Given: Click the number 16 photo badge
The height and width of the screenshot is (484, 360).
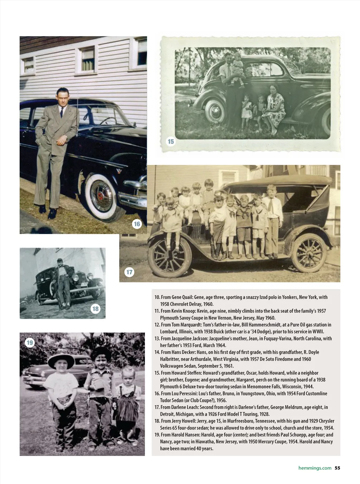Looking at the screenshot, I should pyautogui.click(x=137, y=224).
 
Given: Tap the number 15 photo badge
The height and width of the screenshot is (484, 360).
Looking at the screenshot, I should pyautogui.click(x=171, y=141).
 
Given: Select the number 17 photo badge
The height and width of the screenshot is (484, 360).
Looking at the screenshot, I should pyautogui.click(x=129, y=272).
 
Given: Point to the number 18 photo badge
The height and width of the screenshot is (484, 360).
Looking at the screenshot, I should pyautogui.click(x=95, y=309).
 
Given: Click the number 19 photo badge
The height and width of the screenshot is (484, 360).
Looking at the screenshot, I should pyautogui.click(x=30, y=342).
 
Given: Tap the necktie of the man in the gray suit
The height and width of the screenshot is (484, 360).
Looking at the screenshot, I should pyautogui.click(x=62, y=112).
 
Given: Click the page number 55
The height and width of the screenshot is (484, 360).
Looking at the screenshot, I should pyautogui.click(x=337, y=468).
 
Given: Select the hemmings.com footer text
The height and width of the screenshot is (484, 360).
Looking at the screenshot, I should pyautogui.click(x=315, y=468).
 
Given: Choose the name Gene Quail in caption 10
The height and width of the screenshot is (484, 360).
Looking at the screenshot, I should pyautogui.click(x=181, y=297).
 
